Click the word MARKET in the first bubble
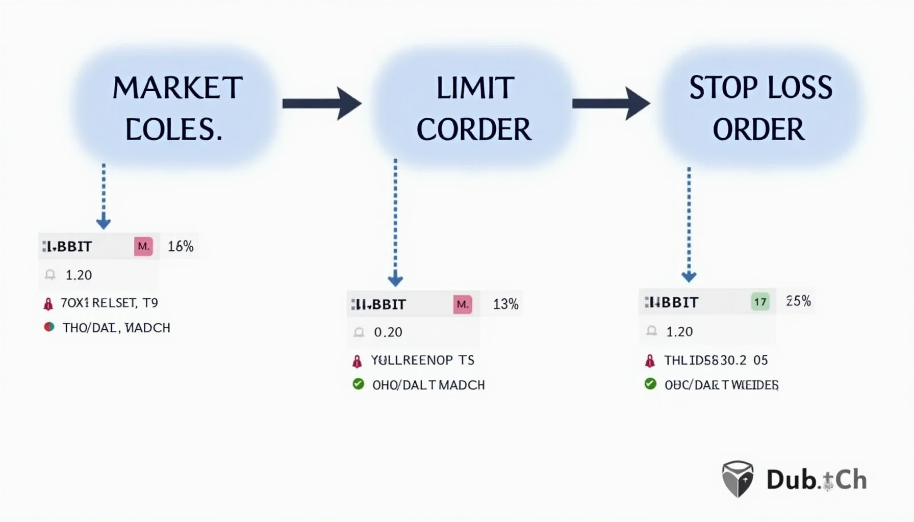[x=177, y=88]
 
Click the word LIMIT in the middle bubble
[x=474, y=88]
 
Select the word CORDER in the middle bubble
[x=474, y=129]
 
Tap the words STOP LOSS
[x=760, y=88]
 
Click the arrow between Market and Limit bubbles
[x=322, y=104]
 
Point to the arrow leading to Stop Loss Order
[x=611, y=104]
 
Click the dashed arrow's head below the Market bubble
[x=104, y=223]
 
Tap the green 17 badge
[x=760, y=302]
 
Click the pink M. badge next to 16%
[x=143, y=247]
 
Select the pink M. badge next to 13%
[x=463, y=304]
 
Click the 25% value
[x=798, y=301]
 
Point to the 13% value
[x=505, y=304]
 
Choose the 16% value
[x=181, y=247]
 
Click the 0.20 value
[x=388, y=332]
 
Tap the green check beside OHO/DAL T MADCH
[x=359, y=384]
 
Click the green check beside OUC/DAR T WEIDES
[x=650, y=383]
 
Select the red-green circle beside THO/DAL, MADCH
[x=49, y=327]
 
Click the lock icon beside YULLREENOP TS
[x=357, y=361]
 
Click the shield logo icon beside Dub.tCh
[x=738, y=479]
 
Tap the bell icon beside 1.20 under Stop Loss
[x=651, y=331]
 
